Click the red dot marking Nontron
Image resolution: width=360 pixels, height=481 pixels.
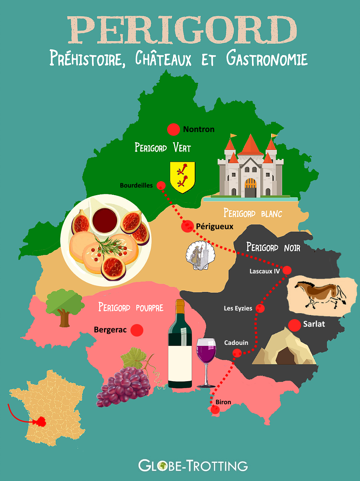point(174,129)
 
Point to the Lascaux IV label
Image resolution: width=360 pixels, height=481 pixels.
point(264,271)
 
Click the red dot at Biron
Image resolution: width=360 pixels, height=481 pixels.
point(215,409)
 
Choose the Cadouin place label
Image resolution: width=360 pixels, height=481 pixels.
point(236,343)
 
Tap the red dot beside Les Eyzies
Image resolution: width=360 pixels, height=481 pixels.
point(260,309)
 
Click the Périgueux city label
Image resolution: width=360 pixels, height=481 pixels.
point(214,227)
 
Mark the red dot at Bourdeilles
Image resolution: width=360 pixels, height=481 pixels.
point(161,185)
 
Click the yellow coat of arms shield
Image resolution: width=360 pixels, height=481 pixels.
point(182,176)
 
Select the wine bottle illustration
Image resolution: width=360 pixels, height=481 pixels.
point(180,344)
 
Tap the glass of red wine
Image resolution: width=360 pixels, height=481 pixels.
point(206,359)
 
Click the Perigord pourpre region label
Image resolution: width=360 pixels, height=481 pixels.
point(131,307)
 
